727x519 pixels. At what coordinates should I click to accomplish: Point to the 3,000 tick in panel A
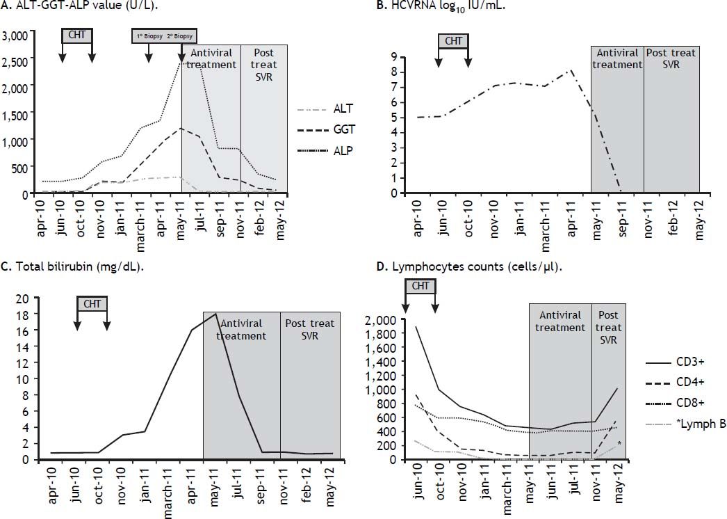point(15,35)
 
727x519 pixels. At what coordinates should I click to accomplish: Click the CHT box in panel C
point(92,304)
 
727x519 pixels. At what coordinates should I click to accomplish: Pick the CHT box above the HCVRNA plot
point(453,41)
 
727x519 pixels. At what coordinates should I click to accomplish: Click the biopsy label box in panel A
point(165,35)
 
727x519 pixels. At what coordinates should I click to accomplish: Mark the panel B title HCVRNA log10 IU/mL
point(441,6)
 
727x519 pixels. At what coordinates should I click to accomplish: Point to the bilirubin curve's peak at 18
point(216,314)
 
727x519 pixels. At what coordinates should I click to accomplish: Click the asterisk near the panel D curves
point(619,444)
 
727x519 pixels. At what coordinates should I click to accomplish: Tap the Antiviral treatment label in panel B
point(617,59)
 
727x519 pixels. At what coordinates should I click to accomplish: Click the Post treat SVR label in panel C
point(310,329)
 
